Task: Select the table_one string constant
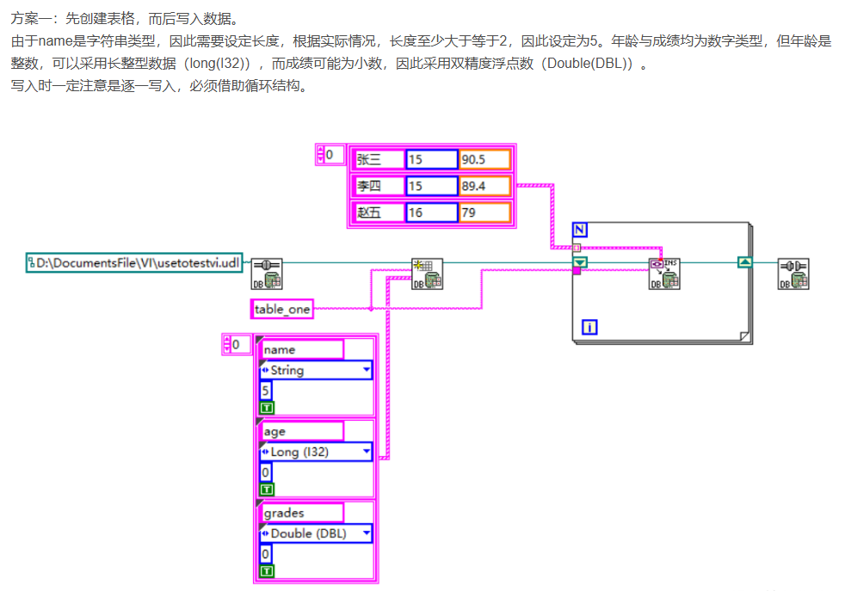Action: point(282,309)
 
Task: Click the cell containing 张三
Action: point(378,159)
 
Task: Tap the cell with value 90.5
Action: point(484,159)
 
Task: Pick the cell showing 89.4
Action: point(484,185)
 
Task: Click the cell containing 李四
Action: point(378,185)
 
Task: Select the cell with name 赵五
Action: point(378,212)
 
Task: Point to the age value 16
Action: point(431,212)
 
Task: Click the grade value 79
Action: point(484,212)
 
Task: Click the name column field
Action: point(301,349)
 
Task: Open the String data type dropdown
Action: point(316,371)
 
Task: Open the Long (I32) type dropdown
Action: point(316,452)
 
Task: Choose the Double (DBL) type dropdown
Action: point(316,533)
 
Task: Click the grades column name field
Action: point(301,513)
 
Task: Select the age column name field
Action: point(301,431)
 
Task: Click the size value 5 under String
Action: point(266,391)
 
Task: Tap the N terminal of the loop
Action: point(581,231)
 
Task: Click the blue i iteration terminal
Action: point(590,327)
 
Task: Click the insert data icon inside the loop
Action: point(664,274)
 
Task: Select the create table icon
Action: point(424,274)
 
